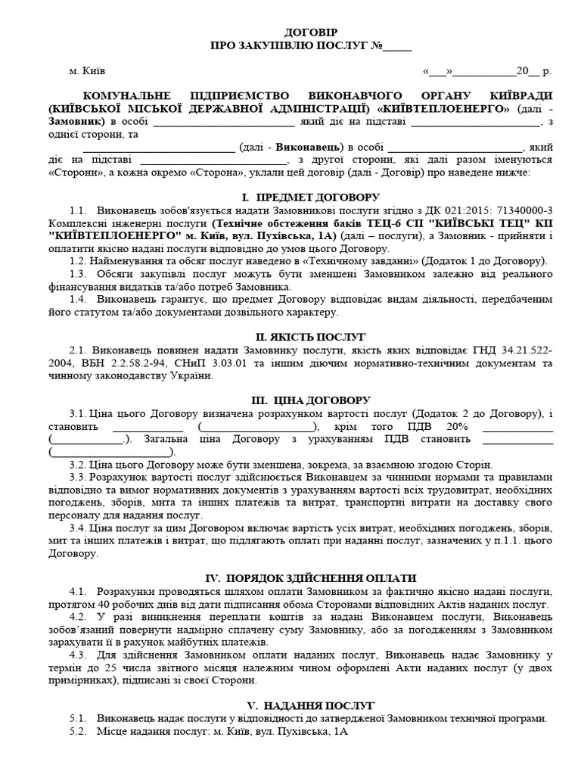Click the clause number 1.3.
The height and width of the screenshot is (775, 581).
[x=78, y=273]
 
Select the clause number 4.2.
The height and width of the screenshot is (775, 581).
[x=78, y=617]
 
